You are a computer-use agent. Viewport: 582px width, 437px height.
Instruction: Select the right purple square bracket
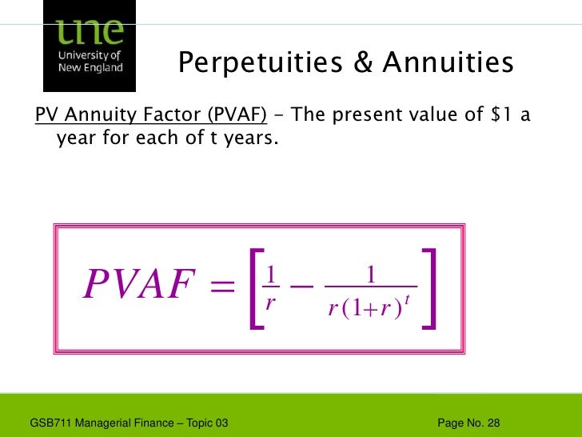click(429, 289)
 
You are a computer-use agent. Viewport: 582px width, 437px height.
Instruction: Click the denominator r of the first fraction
click(271, 305)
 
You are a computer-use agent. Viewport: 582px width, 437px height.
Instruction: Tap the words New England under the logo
click(90, 68)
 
